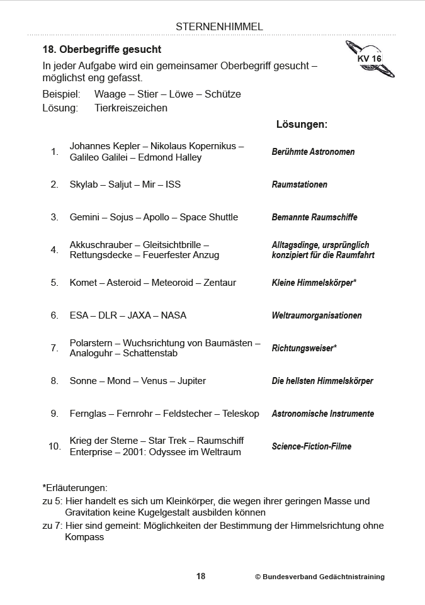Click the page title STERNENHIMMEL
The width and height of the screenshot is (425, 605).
(x=219, y=26)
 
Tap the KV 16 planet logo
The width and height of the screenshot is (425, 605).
(x=370, y=59)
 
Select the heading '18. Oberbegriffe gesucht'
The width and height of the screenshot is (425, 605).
(x=101, y=49)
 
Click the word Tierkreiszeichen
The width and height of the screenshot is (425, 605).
(x=131, y=108)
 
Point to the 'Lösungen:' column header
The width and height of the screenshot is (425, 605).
(x=302, y=124)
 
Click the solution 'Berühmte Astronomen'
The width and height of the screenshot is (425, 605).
(x=313, y=152)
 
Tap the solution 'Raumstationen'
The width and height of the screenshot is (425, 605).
(x=299, y=184)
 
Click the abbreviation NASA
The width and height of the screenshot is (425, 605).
(x=174, y=315)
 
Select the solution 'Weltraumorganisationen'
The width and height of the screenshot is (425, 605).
(x=317, y=315)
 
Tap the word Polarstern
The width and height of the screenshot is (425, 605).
(x=91, y=343)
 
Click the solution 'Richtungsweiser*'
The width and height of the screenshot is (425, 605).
(x=304, y=348)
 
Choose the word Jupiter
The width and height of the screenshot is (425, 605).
(x=191, y=381)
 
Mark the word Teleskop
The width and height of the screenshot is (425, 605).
(x=241, y=414)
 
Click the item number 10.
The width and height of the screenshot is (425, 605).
(x=54, y=446)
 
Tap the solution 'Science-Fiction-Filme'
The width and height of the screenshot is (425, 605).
(x=312, y=446)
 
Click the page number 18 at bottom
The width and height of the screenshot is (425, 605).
(x=201, y=576)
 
